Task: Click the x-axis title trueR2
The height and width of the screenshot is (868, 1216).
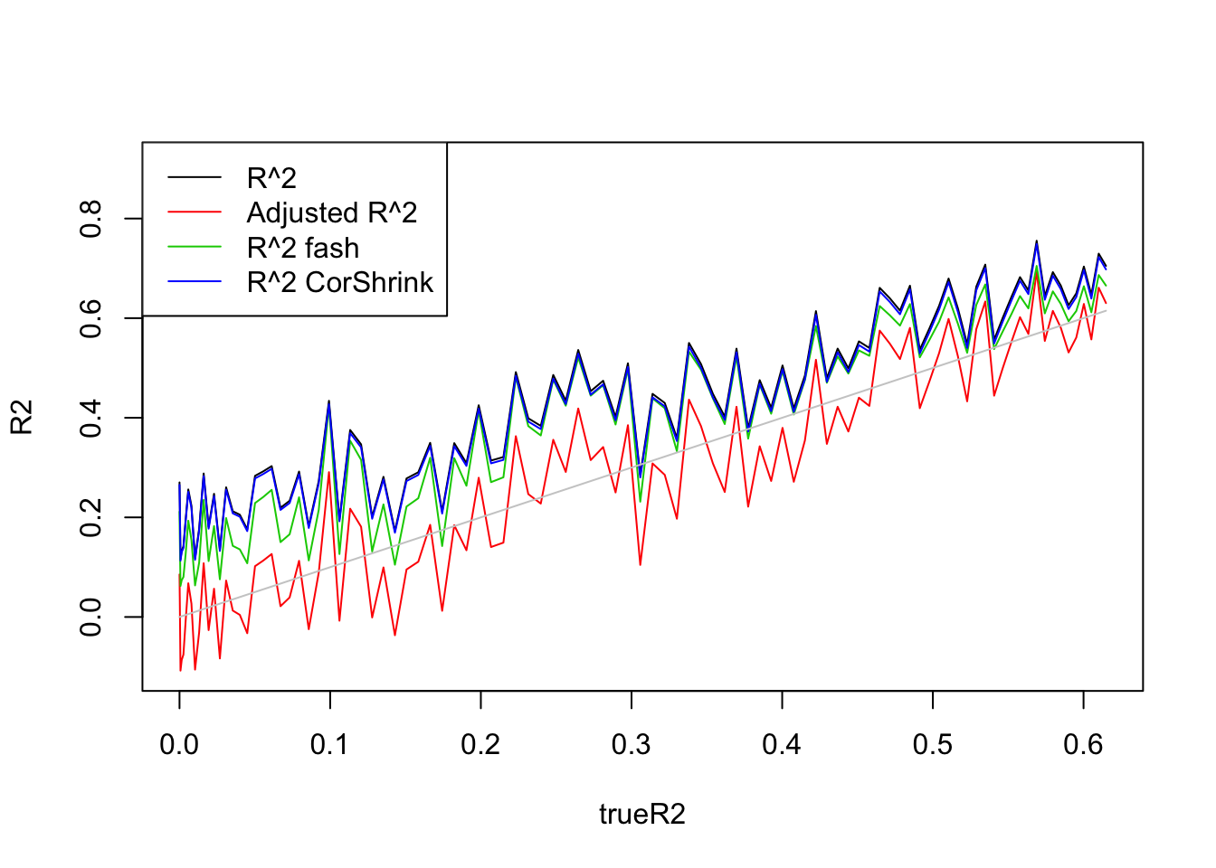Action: (641, 815)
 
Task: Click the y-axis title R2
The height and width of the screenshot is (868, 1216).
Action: (22, 417)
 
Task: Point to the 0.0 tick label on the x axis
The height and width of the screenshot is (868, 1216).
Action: (179, 744)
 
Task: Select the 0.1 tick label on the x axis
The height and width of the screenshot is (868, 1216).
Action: (330, 744)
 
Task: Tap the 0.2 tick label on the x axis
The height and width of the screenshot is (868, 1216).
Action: (480, 744)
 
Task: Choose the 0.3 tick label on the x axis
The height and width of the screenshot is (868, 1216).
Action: (632, 744)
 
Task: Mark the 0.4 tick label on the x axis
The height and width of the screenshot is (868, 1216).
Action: (782, 744)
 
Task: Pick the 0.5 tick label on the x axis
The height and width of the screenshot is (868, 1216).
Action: (933, 744)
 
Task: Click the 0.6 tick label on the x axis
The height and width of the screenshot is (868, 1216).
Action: (1083, 744)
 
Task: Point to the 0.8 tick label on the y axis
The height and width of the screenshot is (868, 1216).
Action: (90, 219)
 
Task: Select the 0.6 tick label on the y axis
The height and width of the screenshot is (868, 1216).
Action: (90, 318)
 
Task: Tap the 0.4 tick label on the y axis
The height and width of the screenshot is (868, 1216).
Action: (90, 418)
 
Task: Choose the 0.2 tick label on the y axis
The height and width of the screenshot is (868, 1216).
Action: (90, 517)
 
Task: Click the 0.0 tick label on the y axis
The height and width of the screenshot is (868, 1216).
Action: (90, 617)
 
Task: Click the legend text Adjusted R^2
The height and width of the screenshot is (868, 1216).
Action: (332, 212)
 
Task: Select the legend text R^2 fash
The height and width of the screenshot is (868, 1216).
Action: (303, 248)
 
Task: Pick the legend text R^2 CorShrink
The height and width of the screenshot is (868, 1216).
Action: (340, 282)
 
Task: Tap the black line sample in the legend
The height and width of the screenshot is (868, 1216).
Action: (195, 178)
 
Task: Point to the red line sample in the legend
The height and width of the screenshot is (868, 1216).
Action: (195, 212)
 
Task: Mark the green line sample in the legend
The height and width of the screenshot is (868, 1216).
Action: (195, 248)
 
